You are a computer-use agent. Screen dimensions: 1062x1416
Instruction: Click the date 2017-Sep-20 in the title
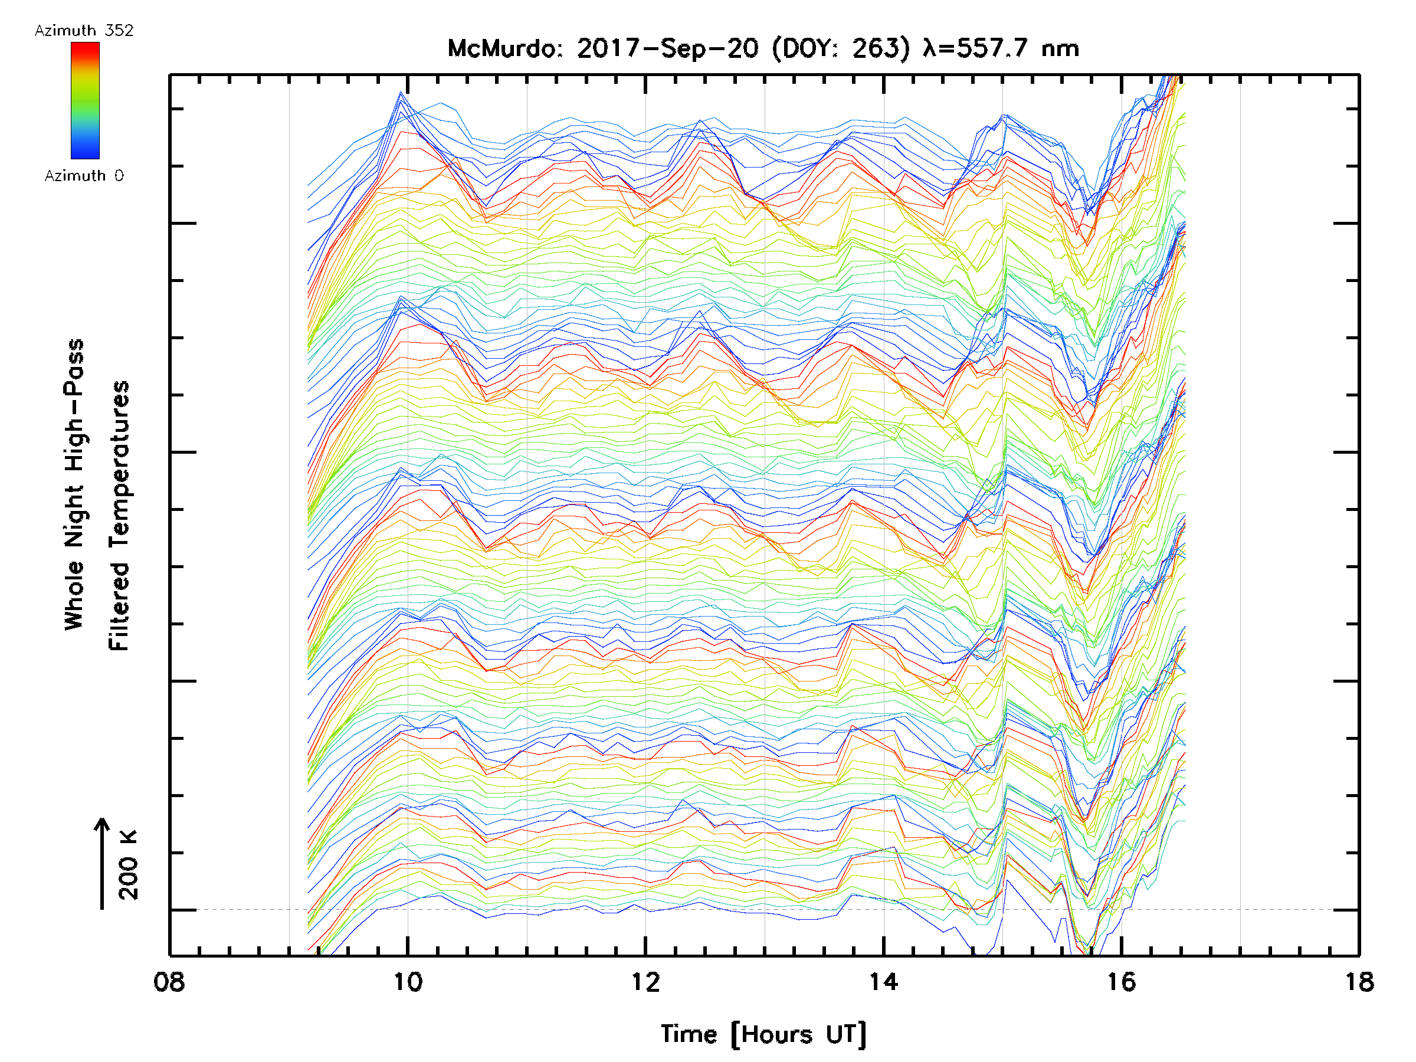(668, 48)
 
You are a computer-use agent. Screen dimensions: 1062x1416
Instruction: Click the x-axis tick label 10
(407, 982)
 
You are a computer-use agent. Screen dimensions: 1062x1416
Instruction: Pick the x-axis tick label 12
(645, 982)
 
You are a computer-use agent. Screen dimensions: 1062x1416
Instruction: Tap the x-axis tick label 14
(883, 982)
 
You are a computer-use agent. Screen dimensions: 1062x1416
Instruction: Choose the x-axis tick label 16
(1122, 982)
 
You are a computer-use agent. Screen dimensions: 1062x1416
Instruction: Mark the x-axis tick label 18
(1358, 982)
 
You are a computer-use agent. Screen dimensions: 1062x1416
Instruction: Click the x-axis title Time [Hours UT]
(763, 1034)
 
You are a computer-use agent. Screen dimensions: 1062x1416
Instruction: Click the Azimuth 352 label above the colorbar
(84, 31)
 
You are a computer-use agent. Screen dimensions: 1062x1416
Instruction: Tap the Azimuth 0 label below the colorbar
(84, 175)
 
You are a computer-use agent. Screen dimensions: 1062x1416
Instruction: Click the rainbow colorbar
(85, 100)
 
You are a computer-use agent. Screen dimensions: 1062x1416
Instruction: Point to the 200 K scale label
(128, 865)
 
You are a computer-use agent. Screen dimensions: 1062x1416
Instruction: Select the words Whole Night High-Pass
(74, 484)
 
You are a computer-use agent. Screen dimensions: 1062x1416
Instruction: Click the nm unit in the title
(1060, 48)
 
